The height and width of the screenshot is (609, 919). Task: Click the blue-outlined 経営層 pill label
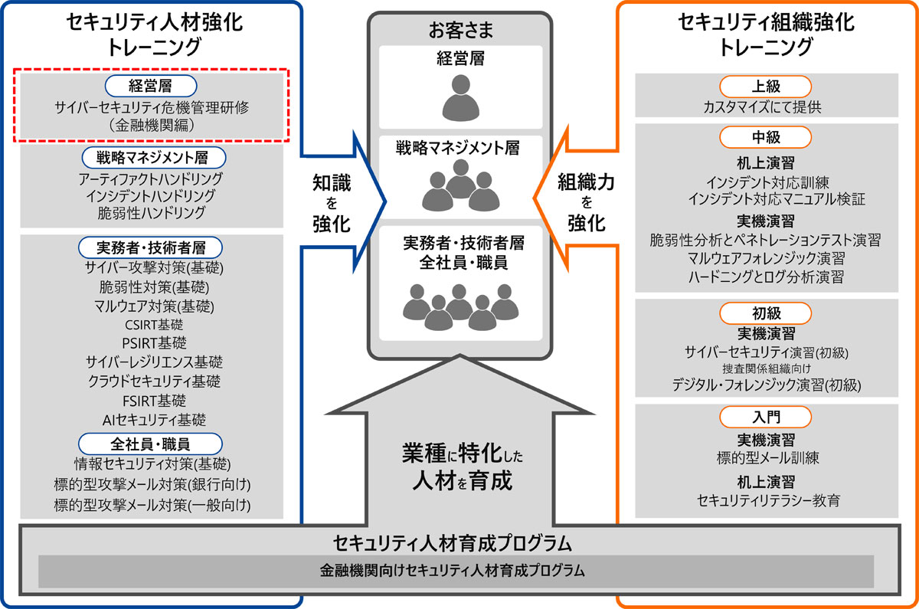coord(151,86)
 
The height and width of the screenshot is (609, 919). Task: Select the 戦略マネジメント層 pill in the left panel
coord(153,158)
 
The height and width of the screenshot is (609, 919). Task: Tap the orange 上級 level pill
coord(765,87)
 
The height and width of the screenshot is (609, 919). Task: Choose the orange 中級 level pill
coord(765,137)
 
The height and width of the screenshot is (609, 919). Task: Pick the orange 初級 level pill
coord(765,313)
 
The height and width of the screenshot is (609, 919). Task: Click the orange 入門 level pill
coord(765,417)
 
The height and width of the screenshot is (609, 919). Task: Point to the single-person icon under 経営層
coord(461,98)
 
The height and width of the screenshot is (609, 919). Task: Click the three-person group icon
coord(461,185)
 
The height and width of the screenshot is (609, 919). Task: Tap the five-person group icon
coord(461,307)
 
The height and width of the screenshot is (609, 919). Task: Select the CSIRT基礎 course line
coord(154,325)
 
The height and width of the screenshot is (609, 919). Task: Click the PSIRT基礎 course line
coord(154,343)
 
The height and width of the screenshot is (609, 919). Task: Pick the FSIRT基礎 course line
coord(154,401)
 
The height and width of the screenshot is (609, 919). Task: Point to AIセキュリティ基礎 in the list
coord(154,420)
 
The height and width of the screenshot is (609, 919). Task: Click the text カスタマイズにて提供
coord(763,107)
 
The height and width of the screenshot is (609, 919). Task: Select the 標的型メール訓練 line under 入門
coord(767,458)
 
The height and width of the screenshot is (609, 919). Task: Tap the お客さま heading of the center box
coord(461,31)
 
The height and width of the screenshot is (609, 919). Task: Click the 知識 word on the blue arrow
coord(332,182)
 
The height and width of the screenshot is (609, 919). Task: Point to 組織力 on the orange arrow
coord(586,182)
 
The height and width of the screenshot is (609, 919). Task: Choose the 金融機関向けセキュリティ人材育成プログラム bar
coord(456,571)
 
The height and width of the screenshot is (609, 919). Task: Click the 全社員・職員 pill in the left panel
coord(150,444)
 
